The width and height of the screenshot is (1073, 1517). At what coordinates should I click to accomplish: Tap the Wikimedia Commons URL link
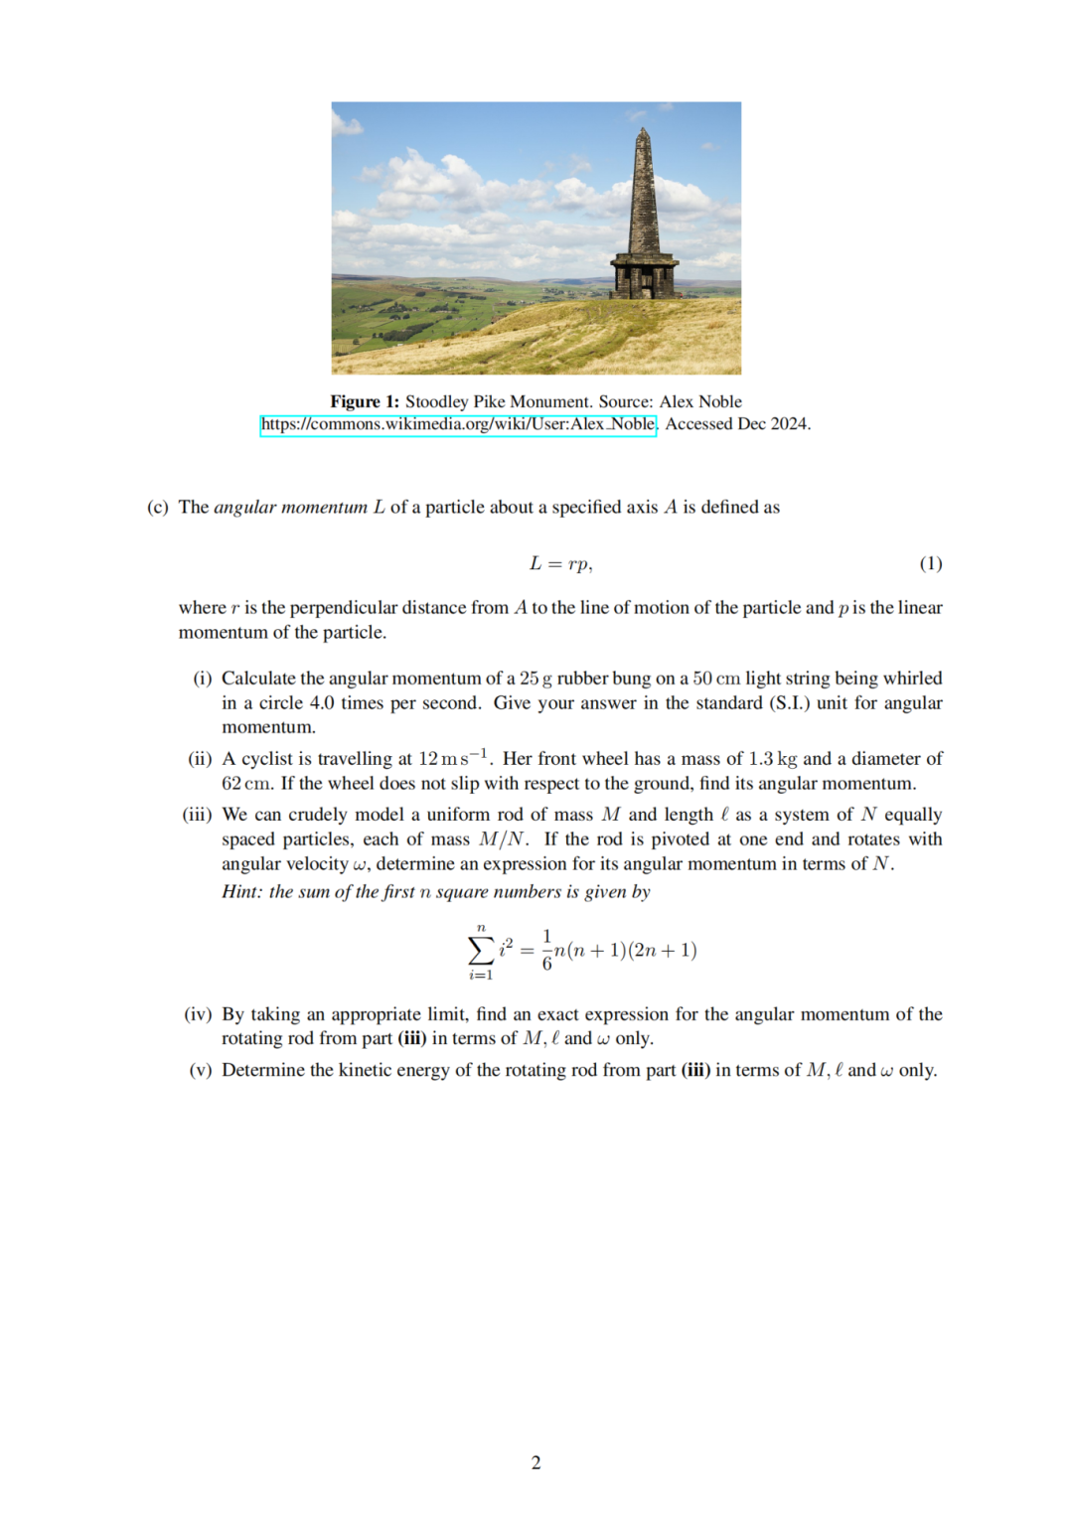tap(458, 424)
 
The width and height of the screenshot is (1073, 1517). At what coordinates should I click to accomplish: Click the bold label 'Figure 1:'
tap(365, 401)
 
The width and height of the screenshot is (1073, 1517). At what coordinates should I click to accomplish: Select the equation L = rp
tap(560, 564)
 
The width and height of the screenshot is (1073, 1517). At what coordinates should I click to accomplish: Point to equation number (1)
tap(930, 564)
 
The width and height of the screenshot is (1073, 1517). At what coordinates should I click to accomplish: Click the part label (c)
tap(158, 508)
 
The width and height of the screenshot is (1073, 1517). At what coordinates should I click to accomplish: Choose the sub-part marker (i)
tap(203, 679)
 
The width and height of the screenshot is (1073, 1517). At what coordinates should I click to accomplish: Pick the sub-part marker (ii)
tap(200, 759)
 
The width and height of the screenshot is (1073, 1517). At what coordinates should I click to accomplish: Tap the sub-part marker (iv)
tap(198, 1014)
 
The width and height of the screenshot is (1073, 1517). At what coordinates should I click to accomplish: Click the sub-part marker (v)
tap(201, 1070)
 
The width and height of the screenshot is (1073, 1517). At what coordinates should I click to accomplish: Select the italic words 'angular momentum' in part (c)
tap(290, 508)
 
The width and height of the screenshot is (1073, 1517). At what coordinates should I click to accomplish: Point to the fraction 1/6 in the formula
tap(546, 951)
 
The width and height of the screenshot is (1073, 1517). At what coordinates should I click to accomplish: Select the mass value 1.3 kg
tap(773, 759)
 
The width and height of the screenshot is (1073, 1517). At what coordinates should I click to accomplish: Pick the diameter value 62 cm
tap(246, 784)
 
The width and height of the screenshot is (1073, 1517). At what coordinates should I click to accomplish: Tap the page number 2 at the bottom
tap(536, 1462)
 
